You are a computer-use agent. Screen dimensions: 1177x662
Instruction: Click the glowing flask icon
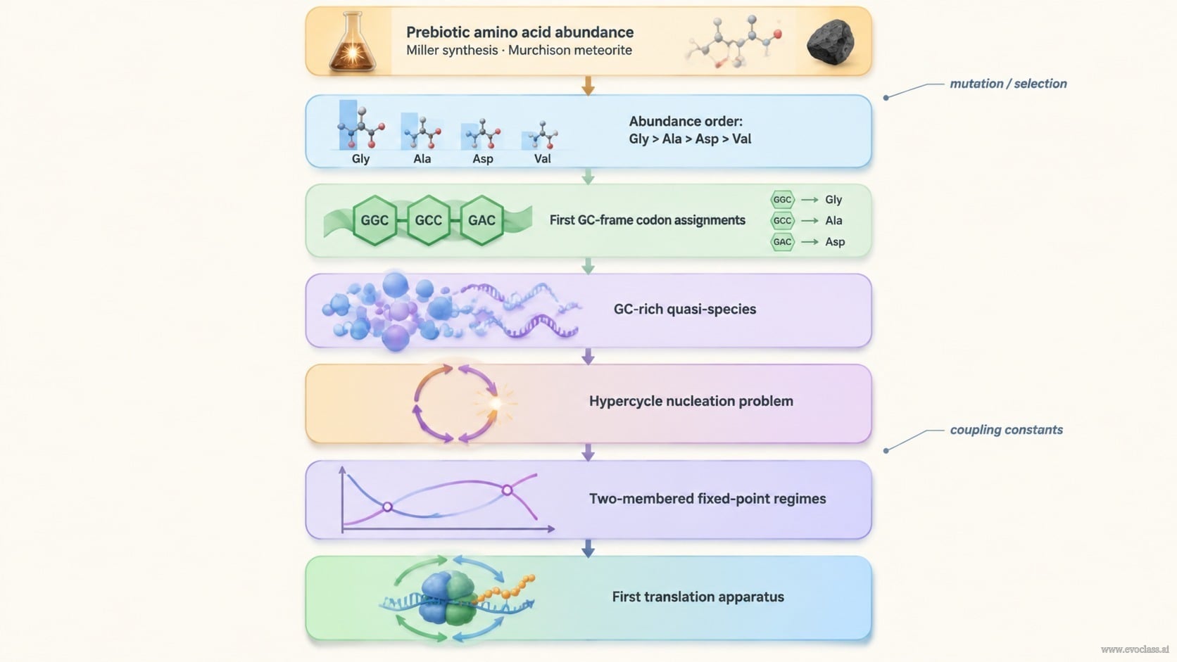coord(352,42)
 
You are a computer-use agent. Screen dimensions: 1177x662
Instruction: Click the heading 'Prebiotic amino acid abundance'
coord(520,32)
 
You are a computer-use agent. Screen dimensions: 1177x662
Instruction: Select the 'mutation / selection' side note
coord(1008,84)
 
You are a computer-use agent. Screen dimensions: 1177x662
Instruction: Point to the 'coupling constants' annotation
coord(1006,429)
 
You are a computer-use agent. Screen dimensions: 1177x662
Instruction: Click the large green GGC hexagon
coord(374,220)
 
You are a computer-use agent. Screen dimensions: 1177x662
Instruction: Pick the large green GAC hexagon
coord(481,220)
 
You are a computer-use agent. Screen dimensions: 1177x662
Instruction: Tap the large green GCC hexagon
coord(428,220)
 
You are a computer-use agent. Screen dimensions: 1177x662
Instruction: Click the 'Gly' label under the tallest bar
coord(360,158)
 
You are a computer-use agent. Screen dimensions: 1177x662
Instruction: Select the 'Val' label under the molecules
coord(542,158)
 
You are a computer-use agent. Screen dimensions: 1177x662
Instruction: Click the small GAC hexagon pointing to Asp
coord(782,242)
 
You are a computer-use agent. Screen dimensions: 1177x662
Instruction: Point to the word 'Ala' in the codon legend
coord(833,220)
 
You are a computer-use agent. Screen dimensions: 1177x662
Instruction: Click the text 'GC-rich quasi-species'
coord(685,310)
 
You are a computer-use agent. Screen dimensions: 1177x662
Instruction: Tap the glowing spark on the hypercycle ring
coord(495,403)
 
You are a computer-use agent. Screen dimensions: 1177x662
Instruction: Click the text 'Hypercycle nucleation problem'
coord(691,401)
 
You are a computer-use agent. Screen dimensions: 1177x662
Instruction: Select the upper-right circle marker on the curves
coord(507,490)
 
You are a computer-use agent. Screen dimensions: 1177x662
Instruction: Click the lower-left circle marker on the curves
coord(387,507)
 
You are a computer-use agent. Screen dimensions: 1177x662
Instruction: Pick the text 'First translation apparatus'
coord(698,597)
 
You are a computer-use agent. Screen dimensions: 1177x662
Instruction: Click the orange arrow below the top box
coord(588,86)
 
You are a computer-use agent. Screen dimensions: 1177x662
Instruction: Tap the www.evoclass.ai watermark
coord(1135,649)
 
